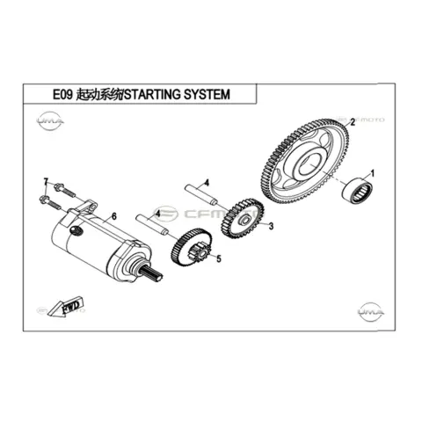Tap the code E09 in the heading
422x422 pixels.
point(62,95)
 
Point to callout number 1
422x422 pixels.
point(373,173)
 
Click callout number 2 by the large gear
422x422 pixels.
point(353,122)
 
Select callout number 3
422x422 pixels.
point(271,226)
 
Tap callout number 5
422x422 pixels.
point(219,258)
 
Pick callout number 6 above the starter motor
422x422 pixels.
point(114,216)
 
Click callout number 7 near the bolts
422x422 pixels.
point(46,182)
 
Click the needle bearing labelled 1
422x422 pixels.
point(358,190)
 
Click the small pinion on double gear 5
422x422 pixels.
point(200,252)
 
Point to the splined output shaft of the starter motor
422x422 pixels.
point(151,274)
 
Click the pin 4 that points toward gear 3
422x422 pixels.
point(200,194)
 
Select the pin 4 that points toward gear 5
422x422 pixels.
point(152,224)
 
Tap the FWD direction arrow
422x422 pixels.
point(66,307)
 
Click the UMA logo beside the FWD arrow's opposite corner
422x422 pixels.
point(371,311)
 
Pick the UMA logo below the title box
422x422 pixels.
point(50,120)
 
